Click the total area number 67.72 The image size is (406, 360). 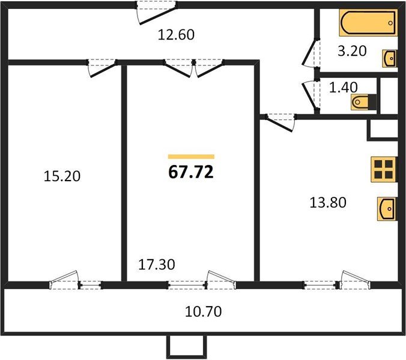(191, 172)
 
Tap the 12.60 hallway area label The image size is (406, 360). (176, 35)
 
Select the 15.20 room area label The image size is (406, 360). (62, 176)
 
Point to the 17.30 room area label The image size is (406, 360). (157, 265)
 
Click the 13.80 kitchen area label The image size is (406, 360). (328, 202)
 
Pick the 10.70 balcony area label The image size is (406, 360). (203, 311)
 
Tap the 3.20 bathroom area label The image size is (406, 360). (352, 51)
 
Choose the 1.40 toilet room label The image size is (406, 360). (344, 87)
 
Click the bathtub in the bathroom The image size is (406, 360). (368, 23)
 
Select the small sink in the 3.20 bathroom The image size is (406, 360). (390, 59)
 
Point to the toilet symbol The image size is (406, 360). (363, 102)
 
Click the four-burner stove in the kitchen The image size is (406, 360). (384, 169)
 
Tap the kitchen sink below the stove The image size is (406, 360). (387, 209)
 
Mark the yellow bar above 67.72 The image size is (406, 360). (191, 157)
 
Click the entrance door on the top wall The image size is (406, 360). (157, 13)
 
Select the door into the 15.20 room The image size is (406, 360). (101, 68)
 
